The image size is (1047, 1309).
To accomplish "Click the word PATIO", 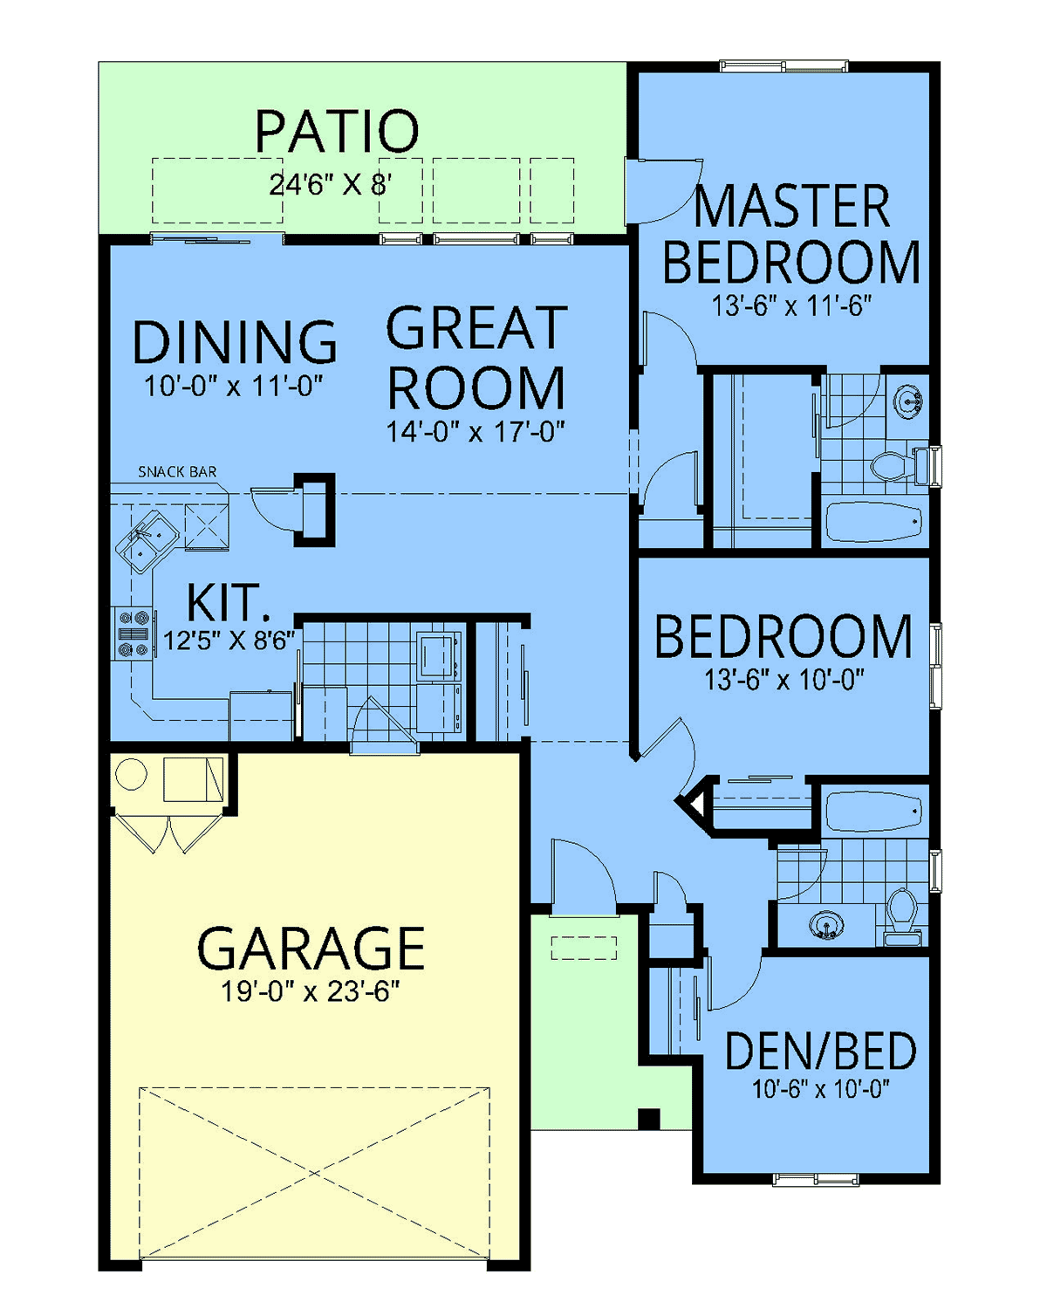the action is tap(337, 131).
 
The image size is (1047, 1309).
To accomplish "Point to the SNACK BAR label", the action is tap(177, 471).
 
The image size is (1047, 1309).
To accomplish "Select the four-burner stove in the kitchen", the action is tap(133, 634).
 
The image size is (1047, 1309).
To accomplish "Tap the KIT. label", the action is tap(224, 603).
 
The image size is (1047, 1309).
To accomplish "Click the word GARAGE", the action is tap(311, 949).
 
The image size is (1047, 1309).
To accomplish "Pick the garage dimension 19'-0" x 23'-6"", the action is tap(310, 991).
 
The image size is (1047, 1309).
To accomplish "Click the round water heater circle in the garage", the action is tap(131, 774).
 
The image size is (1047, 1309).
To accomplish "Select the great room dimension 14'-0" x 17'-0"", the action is tap(476, 431).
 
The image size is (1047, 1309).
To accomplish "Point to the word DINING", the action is tap(234, 342).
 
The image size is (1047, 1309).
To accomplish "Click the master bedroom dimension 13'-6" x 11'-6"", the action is tap(791, 305).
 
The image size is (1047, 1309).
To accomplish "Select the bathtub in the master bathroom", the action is tap(873, 521).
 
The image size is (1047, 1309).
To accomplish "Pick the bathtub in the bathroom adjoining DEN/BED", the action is tap(873, 810).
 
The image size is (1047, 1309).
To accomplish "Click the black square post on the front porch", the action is tap(648, 1118).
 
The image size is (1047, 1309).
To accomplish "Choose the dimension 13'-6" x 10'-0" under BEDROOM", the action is tap(784, 680).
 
